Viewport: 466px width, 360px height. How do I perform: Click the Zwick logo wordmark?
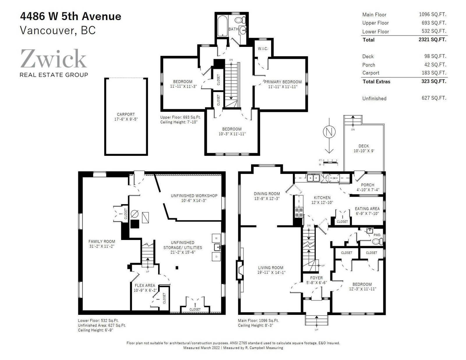point(54,59)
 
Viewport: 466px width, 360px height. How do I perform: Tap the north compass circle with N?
point(329,132)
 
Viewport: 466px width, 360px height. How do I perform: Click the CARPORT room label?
point(126,114)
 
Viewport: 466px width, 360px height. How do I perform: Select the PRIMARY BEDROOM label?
point(283,82)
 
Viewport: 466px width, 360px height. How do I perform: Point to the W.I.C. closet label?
point(263,49)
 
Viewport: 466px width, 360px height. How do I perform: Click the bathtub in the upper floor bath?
point(223,26)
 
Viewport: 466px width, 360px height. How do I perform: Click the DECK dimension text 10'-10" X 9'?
point(364,151)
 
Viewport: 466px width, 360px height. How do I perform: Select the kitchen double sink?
point(313,178)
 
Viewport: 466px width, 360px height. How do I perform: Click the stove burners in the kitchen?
point(299,213)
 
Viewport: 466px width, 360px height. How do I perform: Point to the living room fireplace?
point(240,270)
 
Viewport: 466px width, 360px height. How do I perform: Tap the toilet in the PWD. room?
point(377,242)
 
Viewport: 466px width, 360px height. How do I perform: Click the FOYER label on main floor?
point(316,278)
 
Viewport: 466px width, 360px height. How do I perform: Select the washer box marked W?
point(216,238)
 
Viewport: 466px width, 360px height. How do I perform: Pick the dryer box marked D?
point(216,257)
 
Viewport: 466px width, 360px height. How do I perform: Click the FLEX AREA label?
point(145,286)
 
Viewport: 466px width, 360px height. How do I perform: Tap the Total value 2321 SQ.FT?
point(432,39)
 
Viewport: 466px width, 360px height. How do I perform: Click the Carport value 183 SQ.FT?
point(434,73)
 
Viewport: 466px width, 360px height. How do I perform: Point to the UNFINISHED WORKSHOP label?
point(194,196)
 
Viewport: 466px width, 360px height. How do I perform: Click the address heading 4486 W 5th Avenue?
point(71,16)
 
